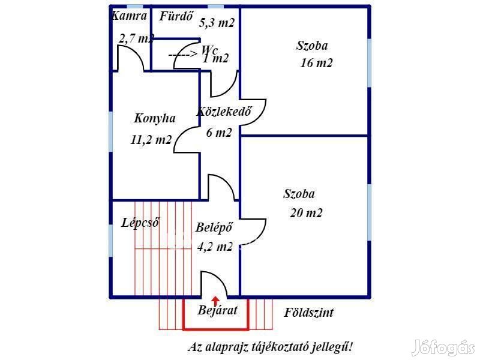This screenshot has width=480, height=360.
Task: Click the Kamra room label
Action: click(129, 16)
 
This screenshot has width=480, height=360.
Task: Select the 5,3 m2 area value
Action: click(217, 24)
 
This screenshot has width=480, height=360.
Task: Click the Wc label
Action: click(210, 49)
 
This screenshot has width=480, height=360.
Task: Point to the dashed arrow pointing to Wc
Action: click(182, 55)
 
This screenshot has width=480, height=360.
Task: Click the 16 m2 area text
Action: click(316, 63)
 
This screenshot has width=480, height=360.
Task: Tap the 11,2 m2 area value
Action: click(151, 140)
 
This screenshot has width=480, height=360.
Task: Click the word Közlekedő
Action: click(223, 112)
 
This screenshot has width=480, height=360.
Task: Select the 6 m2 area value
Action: click(218, 133)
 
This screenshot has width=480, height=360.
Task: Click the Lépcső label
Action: click(140, 223)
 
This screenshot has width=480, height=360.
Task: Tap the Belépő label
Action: click(214, 227)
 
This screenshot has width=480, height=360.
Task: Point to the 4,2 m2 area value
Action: click(214, 246)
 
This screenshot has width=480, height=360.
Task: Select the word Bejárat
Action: click(218, 310)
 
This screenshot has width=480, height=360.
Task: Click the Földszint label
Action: click(308, 313)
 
